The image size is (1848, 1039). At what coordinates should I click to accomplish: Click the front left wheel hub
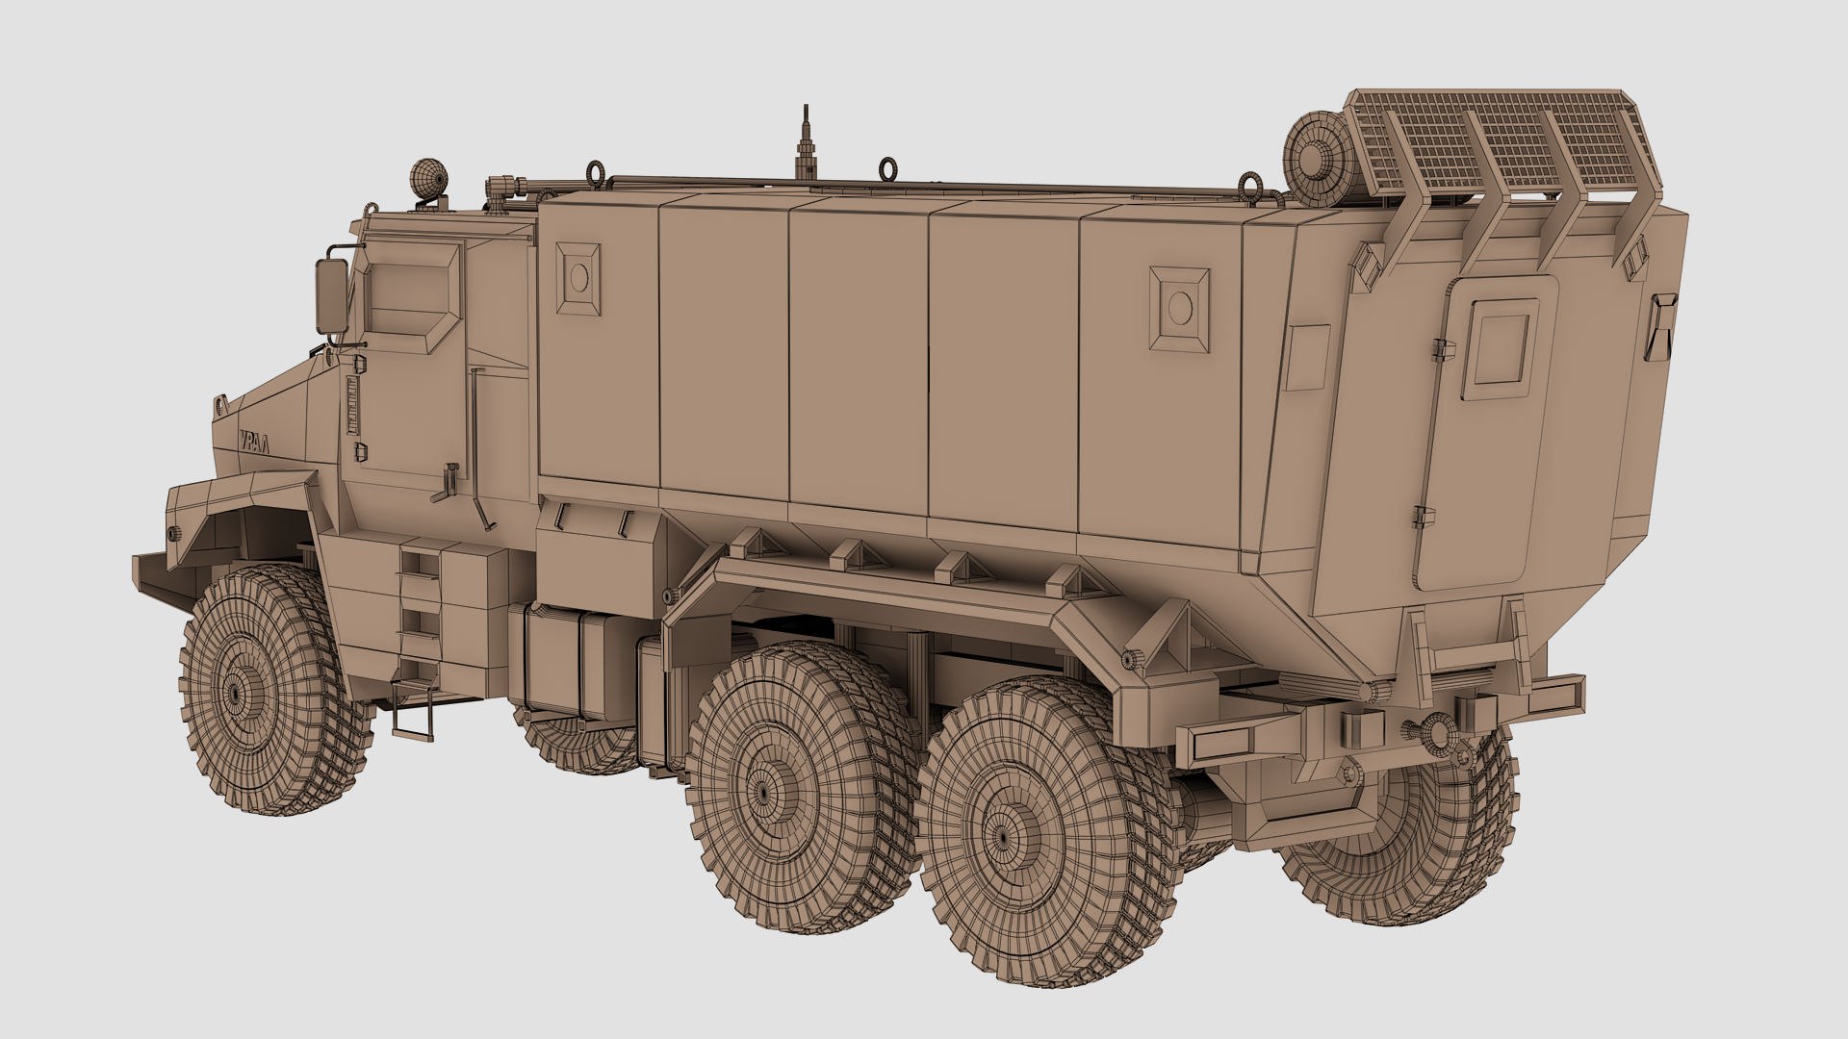click(234, 692)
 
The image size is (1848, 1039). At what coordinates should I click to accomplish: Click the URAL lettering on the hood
click(254, 439)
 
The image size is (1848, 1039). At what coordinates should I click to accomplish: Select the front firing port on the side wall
click(579, 278)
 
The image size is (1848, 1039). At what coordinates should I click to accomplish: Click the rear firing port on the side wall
click(1178, 307)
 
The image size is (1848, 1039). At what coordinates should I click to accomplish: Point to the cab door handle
click(448, 481)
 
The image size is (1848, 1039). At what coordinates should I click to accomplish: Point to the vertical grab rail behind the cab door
click(475, 433)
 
